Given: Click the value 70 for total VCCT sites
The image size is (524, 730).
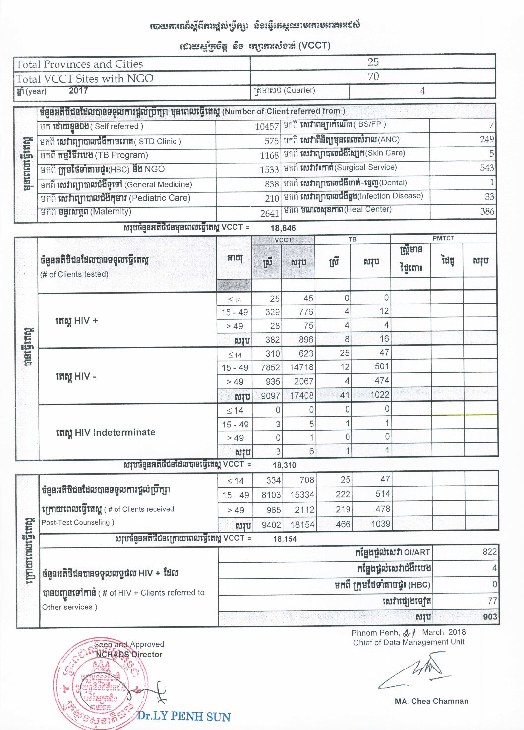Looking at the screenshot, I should tap(373, 76).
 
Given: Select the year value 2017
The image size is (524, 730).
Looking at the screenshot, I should tap(78, 91).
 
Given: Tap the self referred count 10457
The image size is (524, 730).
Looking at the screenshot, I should tap(267, 127).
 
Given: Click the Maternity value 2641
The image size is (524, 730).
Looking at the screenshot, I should tap(269, 213).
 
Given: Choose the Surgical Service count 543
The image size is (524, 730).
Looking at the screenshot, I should tap(487, 168).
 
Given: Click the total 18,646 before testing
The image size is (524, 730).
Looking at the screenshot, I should tap(283, 228).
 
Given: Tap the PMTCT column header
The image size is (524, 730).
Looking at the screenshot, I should tap(443, 238).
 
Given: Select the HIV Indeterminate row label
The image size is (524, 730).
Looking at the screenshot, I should tap(105, 432).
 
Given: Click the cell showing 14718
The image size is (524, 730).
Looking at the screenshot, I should tap(301, 367).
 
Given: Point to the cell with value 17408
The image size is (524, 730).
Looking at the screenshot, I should tap(301, 395).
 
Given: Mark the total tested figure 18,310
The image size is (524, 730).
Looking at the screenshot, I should tap(284, 465).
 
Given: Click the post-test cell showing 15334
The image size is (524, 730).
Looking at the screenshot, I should tap(302, 495).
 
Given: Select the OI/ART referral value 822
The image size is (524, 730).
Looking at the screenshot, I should tap(489, 552).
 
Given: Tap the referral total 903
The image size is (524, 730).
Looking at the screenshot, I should tap(489, 617).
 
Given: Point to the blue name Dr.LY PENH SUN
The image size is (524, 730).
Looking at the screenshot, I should tap(183, 716).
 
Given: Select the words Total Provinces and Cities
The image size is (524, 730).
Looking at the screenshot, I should tap(79, 64).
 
